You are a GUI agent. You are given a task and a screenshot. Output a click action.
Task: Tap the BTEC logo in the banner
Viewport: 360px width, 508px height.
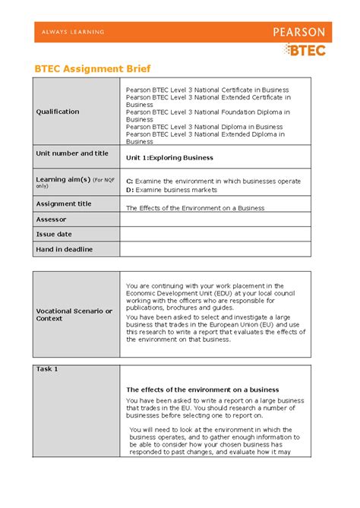pos(305,49)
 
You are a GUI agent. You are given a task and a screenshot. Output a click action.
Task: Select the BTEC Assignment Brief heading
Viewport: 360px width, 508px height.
pos(88,68)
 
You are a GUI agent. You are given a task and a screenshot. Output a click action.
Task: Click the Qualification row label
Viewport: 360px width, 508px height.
pos(58,112)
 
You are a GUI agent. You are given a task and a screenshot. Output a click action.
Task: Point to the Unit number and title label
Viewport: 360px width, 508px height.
pos(72,153)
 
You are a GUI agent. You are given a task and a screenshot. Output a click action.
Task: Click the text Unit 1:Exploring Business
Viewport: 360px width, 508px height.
pos(169,158)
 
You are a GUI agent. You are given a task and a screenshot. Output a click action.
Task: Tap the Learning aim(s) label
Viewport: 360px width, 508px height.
pos(62,179)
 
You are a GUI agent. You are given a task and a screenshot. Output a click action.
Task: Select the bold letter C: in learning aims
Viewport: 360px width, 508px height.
pos(129,181)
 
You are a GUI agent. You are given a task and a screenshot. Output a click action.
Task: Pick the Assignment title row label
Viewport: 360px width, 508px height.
pos(64,204)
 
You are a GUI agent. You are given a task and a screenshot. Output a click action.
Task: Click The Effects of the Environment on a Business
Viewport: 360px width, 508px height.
pos(194,207)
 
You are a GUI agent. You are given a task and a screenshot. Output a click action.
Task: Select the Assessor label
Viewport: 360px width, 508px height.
pos(51,219)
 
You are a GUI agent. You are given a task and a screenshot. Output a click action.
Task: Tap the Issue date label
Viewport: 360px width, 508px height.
pos(54,234)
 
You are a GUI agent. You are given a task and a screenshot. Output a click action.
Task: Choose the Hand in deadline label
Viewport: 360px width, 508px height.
pos(65,248)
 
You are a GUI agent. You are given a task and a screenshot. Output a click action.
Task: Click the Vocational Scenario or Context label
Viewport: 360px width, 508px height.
pos(74,314)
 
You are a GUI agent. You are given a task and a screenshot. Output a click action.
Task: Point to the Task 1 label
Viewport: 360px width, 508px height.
pos(47,369)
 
